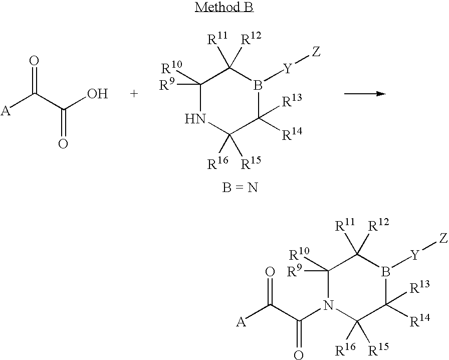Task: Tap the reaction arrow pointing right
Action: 364,94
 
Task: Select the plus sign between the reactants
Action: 134,94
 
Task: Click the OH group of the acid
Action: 97,94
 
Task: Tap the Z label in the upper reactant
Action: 316,52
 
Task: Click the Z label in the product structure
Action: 443,238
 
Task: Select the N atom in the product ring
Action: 327,304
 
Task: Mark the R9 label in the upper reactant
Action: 166,85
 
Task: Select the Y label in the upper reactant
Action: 288,69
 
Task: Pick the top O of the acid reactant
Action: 35,61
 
